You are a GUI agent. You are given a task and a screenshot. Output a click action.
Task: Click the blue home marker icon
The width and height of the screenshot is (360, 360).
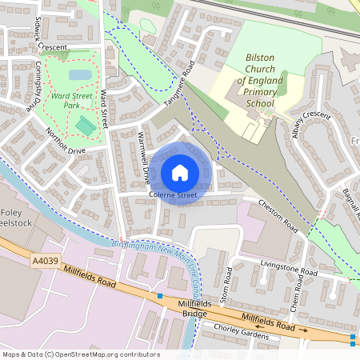point(180,172)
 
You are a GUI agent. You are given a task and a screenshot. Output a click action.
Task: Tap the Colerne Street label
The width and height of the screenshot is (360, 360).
point(172,194)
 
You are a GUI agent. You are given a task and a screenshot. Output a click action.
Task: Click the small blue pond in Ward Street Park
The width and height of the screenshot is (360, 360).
point(80,75)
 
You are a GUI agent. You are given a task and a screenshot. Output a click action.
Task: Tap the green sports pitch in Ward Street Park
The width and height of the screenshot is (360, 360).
point(84,126)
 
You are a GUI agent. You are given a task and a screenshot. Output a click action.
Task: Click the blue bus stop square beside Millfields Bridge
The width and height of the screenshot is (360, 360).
point(160,296)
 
